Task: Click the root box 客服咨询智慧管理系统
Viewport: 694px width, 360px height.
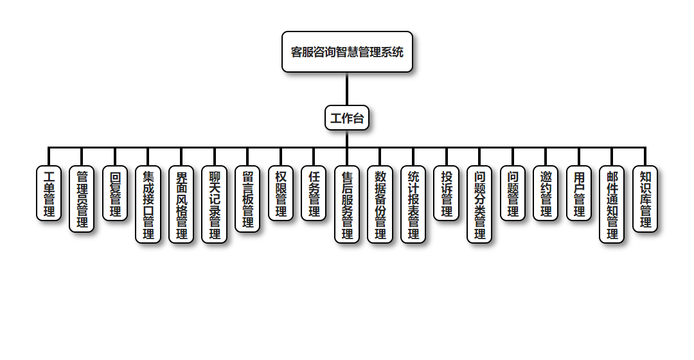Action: click(347, 52)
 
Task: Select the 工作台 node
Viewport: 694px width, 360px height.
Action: click(347, 118)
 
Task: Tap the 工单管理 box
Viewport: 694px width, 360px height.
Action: click(49, 193)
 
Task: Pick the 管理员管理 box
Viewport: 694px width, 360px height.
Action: click(82, 199)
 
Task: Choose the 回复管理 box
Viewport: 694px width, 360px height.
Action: click(115, 193)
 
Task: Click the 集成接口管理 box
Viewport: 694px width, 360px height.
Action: click(148, 204)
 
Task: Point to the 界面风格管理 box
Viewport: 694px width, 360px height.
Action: click(181, 204)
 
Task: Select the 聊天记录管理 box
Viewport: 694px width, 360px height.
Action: click(214, 204)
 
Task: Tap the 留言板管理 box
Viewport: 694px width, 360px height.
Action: click(247, 199)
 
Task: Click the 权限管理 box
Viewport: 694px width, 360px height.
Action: click(281, 193)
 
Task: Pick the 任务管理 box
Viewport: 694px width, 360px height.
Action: click(314, 193)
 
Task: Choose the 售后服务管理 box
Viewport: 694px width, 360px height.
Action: click(347, 204)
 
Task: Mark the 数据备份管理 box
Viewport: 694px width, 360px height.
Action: click(380, 204)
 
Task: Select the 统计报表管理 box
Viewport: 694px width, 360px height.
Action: click(413, 204)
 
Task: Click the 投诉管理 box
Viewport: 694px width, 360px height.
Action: click(446, 193)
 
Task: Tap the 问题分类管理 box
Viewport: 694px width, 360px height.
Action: click(479, 204)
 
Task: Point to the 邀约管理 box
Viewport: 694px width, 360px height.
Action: click(546, 193)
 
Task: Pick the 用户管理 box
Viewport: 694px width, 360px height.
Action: click(579, 193)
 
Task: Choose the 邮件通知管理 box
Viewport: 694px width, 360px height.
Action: click(612, 204)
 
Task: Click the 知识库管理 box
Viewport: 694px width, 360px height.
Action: click(645, 199)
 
